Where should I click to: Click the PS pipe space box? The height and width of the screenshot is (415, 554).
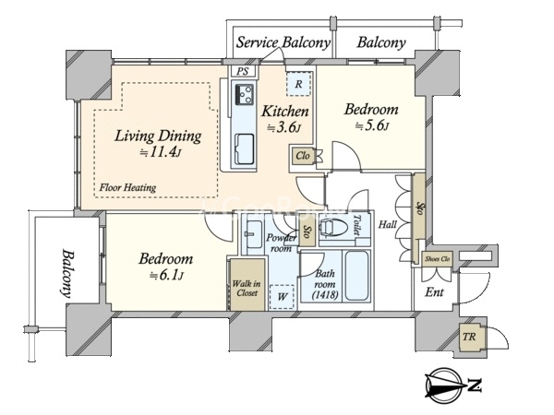click(242, 71)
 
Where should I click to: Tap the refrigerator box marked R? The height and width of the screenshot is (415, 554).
click(299, 84)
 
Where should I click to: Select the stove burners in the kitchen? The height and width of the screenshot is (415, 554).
click(244, 94)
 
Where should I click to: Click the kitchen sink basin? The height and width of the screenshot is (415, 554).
click(244, 148)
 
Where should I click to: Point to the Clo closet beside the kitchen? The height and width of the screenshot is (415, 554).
click(303, 156)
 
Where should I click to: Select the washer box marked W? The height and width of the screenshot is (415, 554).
click(282, 297)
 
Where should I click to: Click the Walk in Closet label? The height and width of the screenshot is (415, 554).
click(247, 288)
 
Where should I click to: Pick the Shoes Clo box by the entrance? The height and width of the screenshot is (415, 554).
click(437, 258)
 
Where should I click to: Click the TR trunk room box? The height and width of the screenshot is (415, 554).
click(469, 337)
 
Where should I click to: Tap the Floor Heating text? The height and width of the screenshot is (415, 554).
click(127, 187)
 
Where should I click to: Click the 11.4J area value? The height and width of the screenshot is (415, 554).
click(162, 152)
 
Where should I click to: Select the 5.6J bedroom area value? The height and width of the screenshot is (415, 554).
click(372, 125)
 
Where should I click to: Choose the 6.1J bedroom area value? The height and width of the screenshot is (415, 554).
click(166, 275)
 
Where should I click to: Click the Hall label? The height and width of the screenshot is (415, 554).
click(388, 224)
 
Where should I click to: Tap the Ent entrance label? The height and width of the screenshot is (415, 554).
click(435, 291)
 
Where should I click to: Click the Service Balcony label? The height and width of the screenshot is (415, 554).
click(283, 42)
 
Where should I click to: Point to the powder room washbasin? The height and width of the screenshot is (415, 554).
click(254, 234)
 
